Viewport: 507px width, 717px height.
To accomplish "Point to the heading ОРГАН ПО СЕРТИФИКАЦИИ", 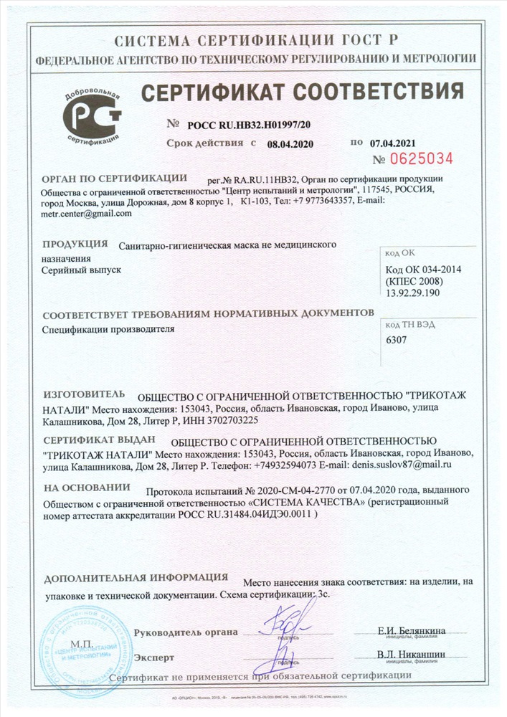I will pyautogui.click(x=115, y=178).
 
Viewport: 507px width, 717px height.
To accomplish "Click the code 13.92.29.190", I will pyautogui.click(x=414, y=293).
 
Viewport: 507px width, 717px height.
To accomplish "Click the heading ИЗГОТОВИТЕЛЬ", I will pyautogui.click(x=84, y=394).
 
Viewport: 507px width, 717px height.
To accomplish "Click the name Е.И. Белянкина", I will pyautogui.click(x=411, y=630).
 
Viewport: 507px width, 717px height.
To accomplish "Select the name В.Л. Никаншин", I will pyautogui.click(x=411, y=655).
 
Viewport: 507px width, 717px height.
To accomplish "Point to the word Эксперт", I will pyautogui.click(x=153, y=657).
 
